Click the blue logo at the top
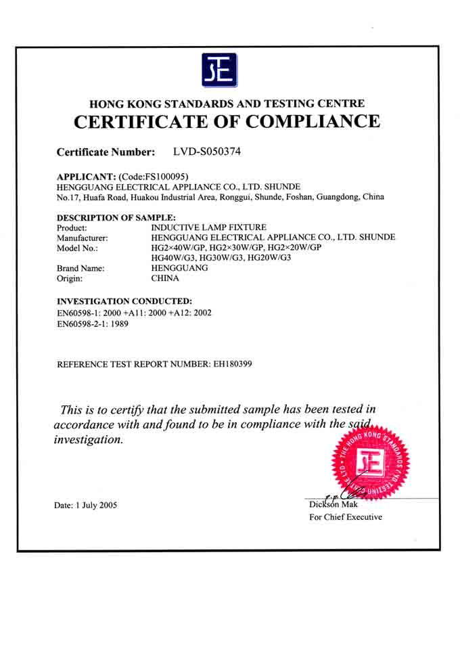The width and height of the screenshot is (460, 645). point(220,69)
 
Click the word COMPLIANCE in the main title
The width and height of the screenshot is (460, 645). point(313,122)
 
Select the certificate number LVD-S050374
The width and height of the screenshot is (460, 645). point(207,152)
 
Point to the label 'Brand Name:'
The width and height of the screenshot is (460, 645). point(80,268)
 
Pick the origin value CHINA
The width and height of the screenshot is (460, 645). point(165,278)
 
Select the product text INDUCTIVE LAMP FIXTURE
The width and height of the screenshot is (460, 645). point(209,227)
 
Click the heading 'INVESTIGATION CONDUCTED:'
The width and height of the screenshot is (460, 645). point(124,301)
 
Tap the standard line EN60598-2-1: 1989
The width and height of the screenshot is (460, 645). point(93,324)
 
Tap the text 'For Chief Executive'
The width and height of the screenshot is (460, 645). point(345,517)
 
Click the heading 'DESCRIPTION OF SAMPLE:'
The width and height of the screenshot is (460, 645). point(116,217)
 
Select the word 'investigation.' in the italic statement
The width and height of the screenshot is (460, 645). point(89,439)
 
